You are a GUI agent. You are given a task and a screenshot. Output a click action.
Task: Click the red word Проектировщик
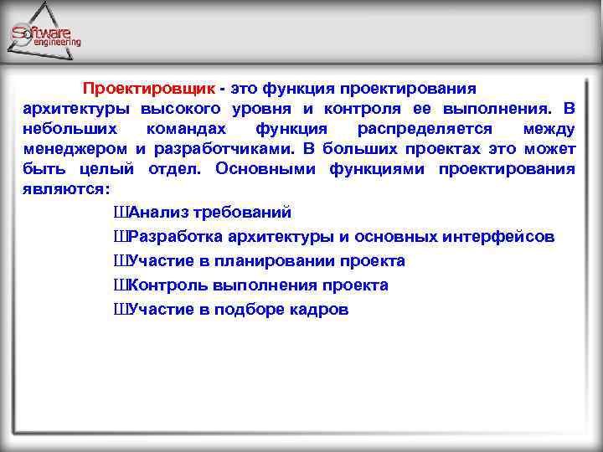pyautogui.click(x=148, y=88)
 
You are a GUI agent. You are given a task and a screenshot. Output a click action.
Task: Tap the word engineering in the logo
pyautogui.click(x=57, y=42)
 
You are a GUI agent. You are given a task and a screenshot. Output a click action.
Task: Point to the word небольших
pyautogui.click(x=65, y=129)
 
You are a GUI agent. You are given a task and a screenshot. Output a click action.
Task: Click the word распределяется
pyautogui.click(x=421, y=129)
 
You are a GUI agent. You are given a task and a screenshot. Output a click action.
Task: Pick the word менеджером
pyautogui.click(x=75, y=149)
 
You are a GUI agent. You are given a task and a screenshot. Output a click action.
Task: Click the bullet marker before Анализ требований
pyautogui.click(x=118, y=213)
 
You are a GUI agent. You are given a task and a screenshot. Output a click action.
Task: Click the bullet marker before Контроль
pyautogui.click(x=118, y=285)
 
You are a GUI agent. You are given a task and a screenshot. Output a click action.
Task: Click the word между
pyautogui.click(x=549, y=129)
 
